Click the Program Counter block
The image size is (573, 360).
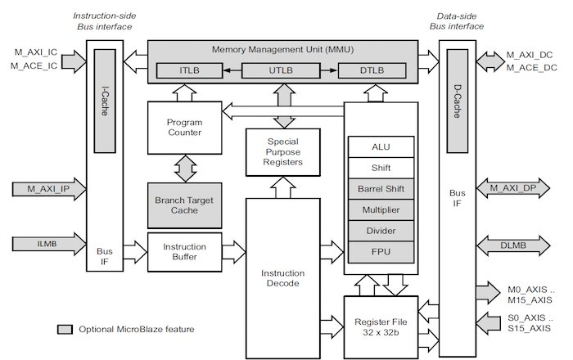185,128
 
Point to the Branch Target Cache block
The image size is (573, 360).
185,205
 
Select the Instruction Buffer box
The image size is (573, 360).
185,251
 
